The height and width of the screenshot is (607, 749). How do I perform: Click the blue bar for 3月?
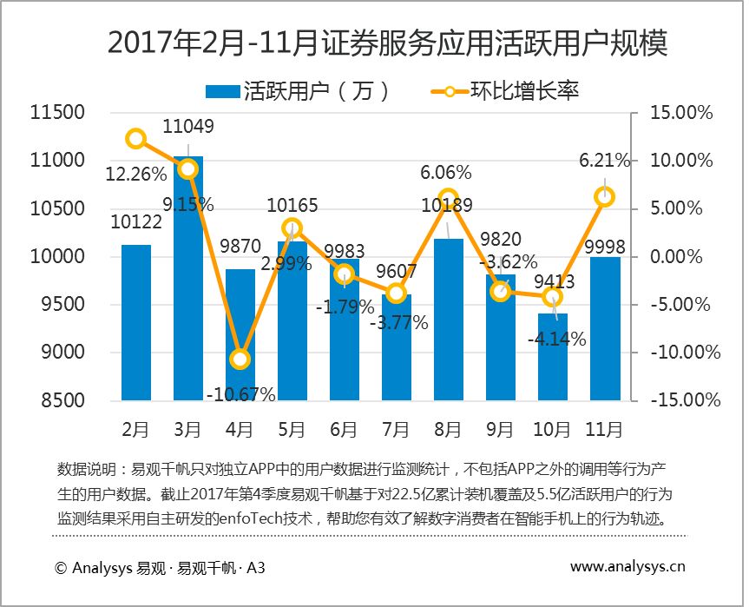click(x=187, y=278)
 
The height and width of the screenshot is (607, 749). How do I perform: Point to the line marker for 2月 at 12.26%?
click(x=135, y=139)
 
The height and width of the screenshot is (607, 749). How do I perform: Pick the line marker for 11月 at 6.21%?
click(x=604, y=197)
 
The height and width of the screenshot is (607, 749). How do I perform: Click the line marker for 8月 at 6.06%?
click(x=448, y=199)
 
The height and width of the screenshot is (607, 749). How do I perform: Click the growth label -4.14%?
click(x=556, y=340)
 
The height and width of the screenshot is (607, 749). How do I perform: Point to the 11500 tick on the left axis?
click(x=56, y=113)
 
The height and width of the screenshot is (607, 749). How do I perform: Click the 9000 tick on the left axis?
click(x=62, y=353)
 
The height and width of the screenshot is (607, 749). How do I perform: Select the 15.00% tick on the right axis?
click(x=682, y=113)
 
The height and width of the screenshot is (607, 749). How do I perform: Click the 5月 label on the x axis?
click(x=292, y=428)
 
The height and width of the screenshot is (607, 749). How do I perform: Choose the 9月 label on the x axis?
click(x=500, y=428)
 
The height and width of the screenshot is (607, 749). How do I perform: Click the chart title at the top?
click(x=374, y=43)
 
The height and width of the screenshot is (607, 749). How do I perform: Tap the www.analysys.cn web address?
click(x=627, y=567)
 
